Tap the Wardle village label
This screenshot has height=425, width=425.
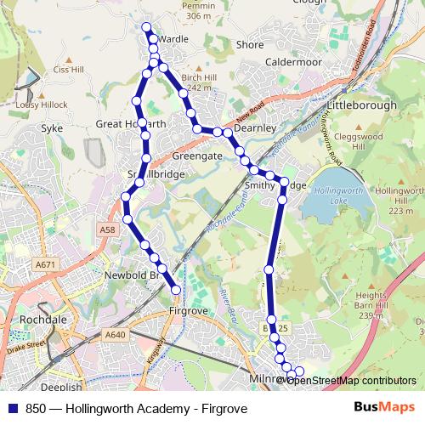point(173,39)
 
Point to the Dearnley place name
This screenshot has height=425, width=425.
point(255,127)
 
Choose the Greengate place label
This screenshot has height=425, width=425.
point(197,157)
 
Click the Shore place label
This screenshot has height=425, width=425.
point(250,44)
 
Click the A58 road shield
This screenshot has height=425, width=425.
point(106,229)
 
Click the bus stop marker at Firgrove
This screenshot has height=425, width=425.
point(176,290)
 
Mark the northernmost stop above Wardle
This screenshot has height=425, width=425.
point(147,26)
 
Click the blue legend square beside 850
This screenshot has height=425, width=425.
point(11,409)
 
